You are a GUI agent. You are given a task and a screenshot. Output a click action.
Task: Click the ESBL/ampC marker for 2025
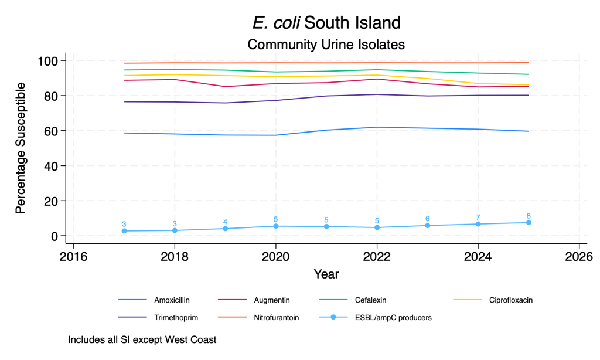point(529,223)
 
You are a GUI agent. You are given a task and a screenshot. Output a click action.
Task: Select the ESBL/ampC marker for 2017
point(124,231)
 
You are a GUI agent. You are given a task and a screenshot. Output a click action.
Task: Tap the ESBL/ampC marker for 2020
point(276,226)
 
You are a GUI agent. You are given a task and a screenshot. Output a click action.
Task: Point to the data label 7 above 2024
point(478,217)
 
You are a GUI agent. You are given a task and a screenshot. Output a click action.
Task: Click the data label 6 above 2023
point(428,219)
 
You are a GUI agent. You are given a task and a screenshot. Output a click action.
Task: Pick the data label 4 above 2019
point(225,222)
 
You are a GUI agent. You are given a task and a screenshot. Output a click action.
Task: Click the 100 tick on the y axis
point(47,61)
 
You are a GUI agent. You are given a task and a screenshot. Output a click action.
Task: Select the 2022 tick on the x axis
point(377,256)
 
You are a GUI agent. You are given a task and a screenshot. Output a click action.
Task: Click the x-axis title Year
point(326,274)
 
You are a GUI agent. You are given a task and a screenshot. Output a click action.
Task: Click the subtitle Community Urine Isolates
point(326,44)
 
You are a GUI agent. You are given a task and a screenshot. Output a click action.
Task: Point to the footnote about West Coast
point(142,339)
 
